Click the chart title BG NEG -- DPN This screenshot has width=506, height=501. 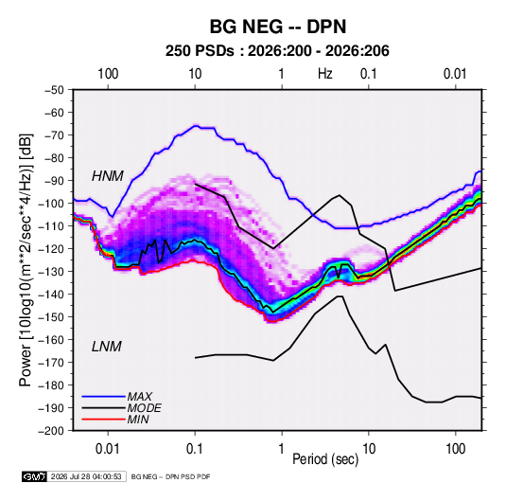click(278, 27)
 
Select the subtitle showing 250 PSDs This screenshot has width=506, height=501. click(277, 51)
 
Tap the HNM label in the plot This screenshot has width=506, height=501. click(108, 176)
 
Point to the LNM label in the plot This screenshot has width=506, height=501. click(107, 347)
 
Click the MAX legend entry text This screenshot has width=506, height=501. click(139, 396)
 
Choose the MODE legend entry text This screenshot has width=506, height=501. click(144, 408)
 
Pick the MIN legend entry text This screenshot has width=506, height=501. click(138, 420)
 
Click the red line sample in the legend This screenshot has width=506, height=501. click(103, 420)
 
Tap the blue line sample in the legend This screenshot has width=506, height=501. click(103, 396)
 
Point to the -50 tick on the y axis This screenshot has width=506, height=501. click(55, 90)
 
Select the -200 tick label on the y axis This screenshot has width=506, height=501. click(52, 431)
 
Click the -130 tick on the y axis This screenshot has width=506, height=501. click(52, 272)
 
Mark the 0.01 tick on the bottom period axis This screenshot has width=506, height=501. click(108, 449)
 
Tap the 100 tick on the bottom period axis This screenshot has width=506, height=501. click(455, 449)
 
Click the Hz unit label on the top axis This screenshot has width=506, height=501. click(325, 74)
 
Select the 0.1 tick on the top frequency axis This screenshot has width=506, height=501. click(369, 74)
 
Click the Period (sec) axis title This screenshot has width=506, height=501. click(325, 459)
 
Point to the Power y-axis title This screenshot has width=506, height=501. click(26, 260)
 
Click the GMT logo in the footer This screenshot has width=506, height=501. click(35, 476)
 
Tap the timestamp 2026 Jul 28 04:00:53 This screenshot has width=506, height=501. click(86, 476)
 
